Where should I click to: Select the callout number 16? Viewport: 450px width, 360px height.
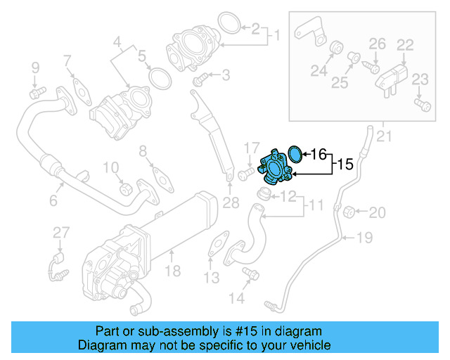point(318,153)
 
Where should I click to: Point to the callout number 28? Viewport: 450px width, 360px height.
point(231,204)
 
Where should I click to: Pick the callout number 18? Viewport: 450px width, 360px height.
point(172,271)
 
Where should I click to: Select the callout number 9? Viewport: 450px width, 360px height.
point(34,67)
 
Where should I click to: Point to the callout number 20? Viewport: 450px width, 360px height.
point(378,212)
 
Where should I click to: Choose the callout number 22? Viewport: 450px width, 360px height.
point(404,44)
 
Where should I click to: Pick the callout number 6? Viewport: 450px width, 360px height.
point(52,201)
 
